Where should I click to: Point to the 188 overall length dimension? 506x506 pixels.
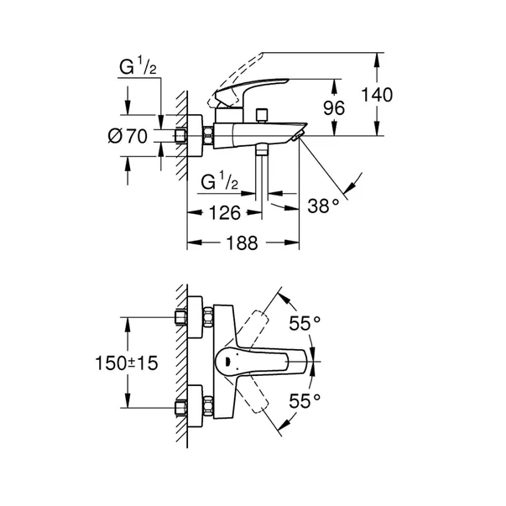[x=242, y=243]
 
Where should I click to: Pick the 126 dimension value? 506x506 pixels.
[x=225, y=212]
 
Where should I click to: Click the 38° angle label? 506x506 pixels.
[x=322, y=203]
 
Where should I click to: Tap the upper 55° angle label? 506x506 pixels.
[x=305, y=323]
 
